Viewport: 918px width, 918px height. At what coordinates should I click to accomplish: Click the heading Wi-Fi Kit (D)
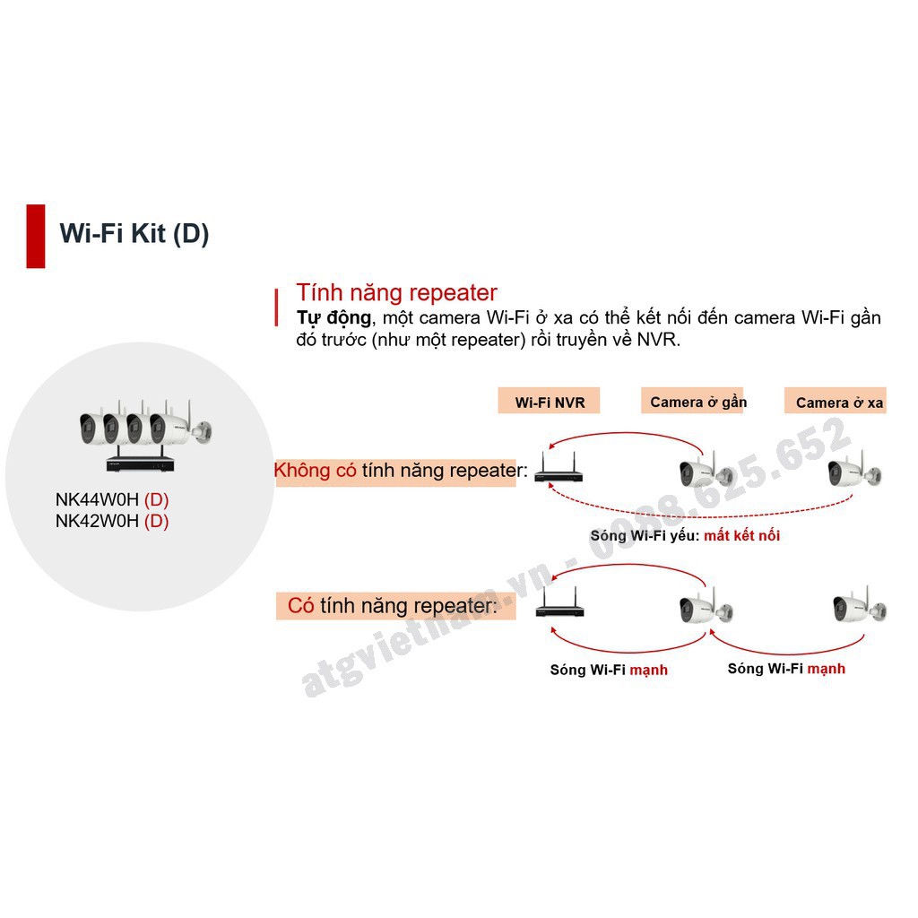[134, 234]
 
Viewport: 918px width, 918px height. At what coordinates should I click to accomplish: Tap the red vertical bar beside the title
[36, 236]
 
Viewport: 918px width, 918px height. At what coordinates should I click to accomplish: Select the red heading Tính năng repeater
[396, 292]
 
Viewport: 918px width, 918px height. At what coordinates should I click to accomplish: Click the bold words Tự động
[333, 318]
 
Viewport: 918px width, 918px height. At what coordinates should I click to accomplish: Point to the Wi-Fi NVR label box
[549, 402]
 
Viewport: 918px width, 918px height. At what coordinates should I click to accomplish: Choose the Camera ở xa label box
[839, 403]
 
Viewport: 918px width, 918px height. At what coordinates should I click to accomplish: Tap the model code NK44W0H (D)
[112, 500]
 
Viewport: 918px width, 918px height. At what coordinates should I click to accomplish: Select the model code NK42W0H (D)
[112, 521]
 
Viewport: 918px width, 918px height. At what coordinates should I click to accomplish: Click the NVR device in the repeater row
[559, 610]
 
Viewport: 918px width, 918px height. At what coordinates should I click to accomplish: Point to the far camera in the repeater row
[858, 608]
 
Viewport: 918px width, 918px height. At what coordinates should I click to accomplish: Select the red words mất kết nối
[741, 535]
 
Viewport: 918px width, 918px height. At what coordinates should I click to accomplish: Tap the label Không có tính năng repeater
[395, 471]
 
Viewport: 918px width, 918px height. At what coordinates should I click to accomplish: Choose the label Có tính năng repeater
[392, 606]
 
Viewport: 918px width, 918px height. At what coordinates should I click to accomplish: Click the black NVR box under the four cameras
[144, 463]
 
